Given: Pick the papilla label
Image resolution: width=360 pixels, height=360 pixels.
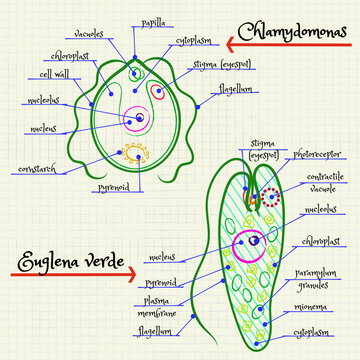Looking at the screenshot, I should pyautogui.click(x=154, y=21).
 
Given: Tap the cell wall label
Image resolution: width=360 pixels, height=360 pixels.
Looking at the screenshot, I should pyautogui.click(x=53, y=73).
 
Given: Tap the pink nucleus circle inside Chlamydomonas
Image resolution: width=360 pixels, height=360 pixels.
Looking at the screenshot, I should pyautogui.click(x=141, y=118).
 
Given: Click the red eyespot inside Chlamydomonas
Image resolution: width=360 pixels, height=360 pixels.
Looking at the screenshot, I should pyautogui.click(x=159, y=92).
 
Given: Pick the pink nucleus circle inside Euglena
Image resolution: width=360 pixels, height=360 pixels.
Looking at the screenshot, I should pyautogui.click(x=248, y=247).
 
